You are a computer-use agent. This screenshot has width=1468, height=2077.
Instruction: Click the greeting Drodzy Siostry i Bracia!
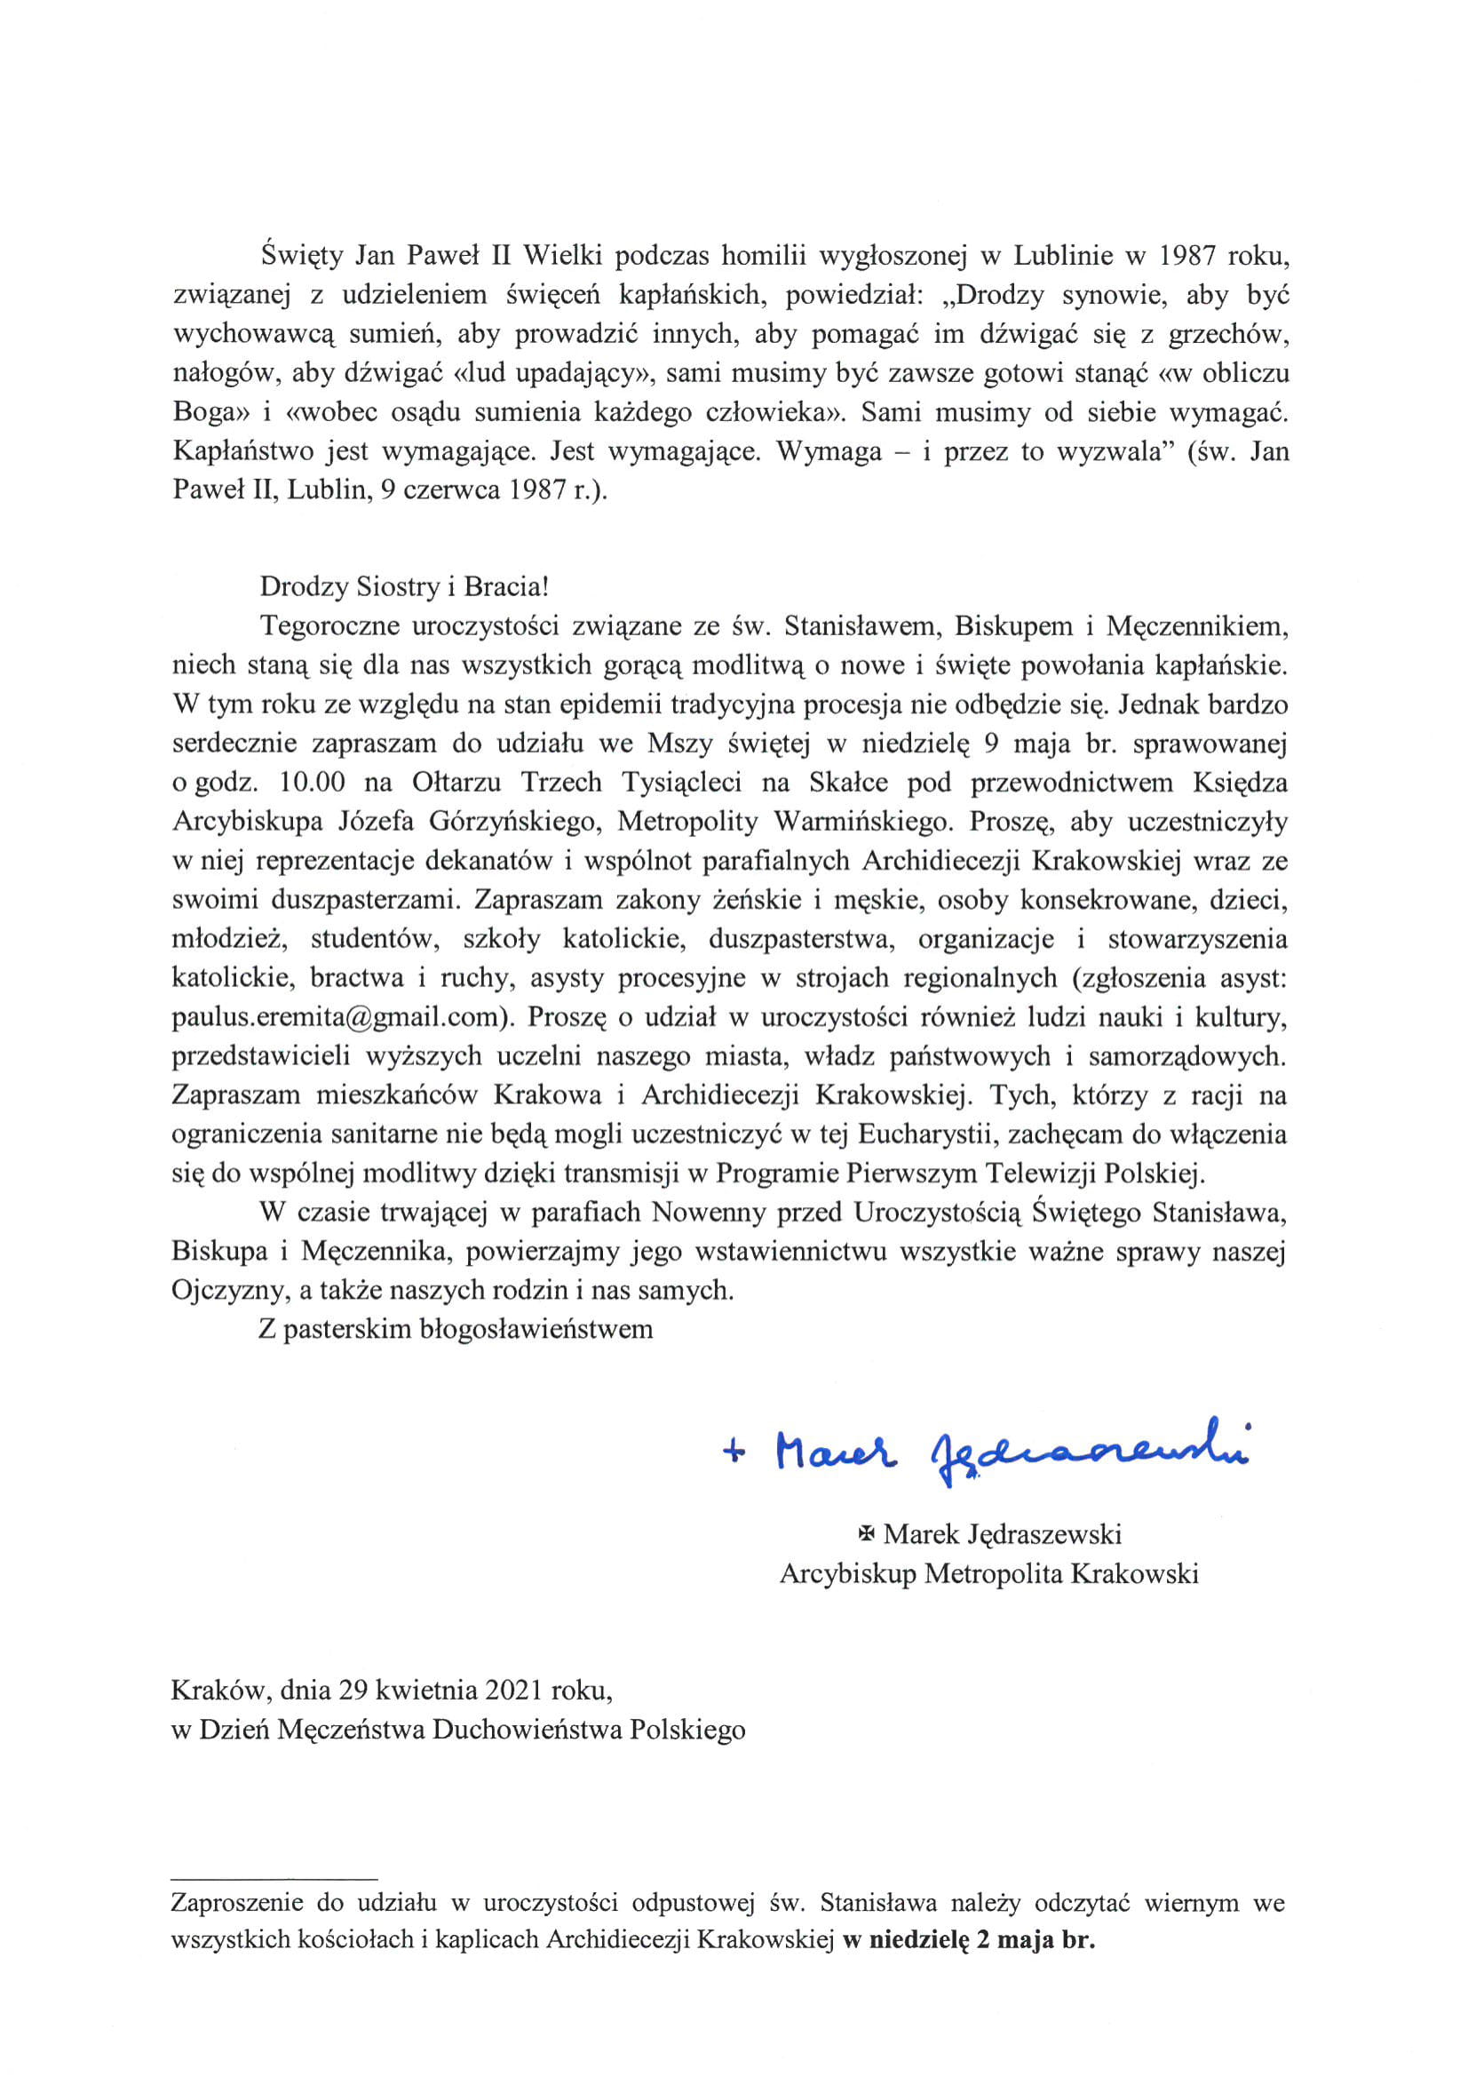(404, 586)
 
